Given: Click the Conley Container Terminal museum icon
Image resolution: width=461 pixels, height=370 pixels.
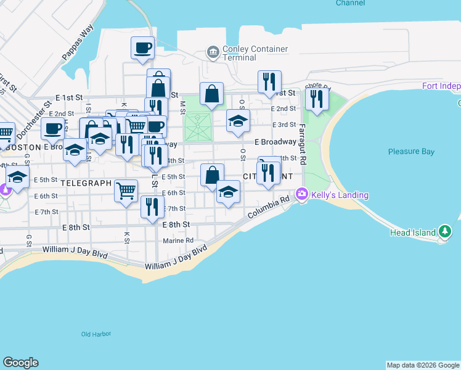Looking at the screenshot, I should [213, 52].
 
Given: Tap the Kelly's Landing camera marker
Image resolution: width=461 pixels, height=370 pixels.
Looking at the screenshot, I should [302, 194].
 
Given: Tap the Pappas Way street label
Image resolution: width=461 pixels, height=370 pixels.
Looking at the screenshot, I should [78, 42].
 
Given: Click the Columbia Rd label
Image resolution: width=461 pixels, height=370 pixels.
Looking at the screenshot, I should [268, 208].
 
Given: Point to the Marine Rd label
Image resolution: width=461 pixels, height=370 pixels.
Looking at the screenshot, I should [179, 240].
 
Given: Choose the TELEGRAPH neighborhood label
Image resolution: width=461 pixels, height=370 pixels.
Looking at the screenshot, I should [86, 183].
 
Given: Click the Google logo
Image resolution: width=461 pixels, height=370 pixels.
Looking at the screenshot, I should [20, 363].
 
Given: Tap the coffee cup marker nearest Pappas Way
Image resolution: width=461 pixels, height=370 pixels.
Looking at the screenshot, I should [142, 47].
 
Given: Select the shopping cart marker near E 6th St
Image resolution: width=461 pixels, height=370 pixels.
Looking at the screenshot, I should [126, 191].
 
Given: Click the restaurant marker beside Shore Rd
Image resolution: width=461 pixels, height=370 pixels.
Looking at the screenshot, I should [317, 99].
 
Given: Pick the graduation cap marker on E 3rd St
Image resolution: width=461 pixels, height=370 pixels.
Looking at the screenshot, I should [238, 120].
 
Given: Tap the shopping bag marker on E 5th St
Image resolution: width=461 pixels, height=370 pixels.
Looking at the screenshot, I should [212, 175].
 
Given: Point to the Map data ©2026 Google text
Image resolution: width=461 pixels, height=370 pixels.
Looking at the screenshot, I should [423, 365].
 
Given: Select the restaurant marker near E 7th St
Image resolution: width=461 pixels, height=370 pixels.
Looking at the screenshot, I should [152, 207].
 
